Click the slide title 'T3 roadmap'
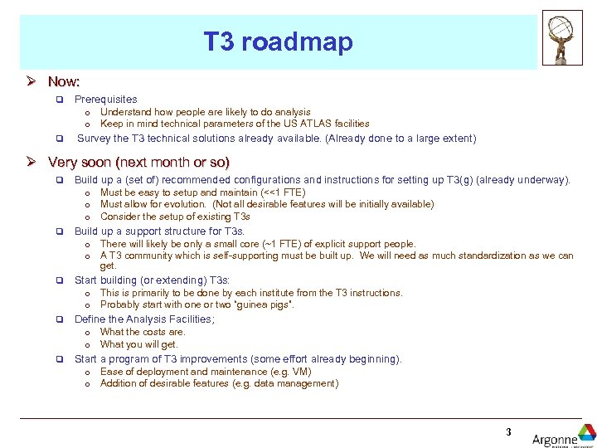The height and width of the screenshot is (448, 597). [278, 42]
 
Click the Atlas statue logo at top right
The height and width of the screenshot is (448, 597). [562, 37]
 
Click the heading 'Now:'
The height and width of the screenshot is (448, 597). [64, 81]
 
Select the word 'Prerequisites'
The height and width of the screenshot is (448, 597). [105, 100]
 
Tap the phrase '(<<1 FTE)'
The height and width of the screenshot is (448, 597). [283, 192]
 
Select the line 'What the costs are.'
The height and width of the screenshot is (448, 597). [143, 332]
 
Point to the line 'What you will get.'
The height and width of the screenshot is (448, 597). [138, 344]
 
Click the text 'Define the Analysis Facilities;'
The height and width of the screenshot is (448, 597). [144, 319]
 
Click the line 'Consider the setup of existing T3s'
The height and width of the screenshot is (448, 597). [175, 217]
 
